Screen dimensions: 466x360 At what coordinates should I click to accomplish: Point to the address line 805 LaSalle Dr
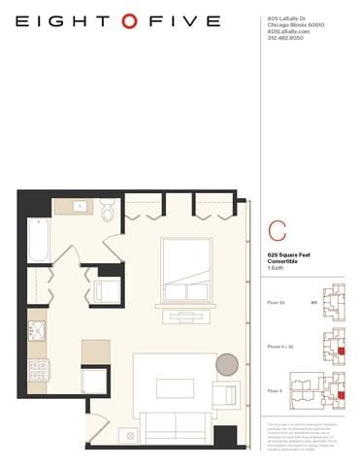(285, 18)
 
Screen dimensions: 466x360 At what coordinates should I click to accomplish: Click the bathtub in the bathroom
(39, 240)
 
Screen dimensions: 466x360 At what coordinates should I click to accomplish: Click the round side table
(226, 364)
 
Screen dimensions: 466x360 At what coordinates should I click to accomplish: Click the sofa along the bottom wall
(175, 425)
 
